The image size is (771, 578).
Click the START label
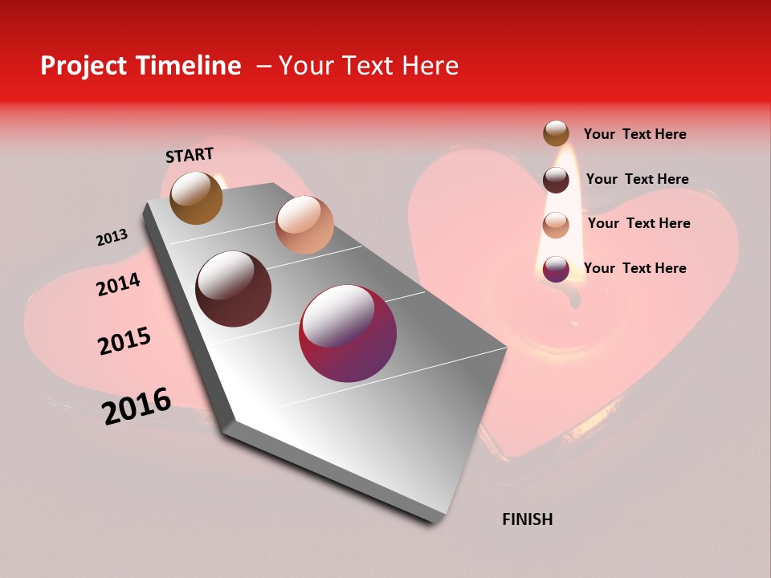pyautogui.click(x=190, y=155)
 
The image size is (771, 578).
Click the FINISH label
pyautogui.click(x=527, y=519)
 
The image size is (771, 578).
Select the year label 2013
pyautogui.click(x=112, y=238)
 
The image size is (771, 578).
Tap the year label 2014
pyautogui.click(x=118, y=284)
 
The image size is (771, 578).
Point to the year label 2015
pyautogui.click(x=124, y=341)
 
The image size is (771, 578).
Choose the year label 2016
pyautogui.click(x=137, y=406)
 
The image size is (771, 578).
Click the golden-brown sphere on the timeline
pyautogui.click(x=197, y=198)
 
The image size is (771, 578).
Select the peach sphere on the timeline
pyautogui.click(x=304, y=225)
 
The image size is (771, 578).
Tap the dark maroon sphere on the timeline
pyautogui.click(x=234, y=289)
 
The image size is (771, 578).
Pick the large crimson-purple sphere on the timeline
pyautogui.click(x=348, y=333)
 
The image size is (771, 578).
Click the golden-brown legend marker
pyautogui.click(x=556, y=134)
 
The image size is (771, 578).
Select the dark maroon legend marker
pyautogui.click(x=556, y=180)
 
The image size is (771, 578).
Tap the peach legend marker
pyautogui.click(x=556, y=225)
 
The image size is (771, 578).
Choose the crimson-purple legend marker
pyautogui.click(x=556, y=269)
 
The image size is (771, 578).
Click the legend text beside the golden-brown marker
pyautogui.click(x=634, y=134)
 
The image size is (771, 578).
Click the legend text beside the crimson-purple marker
pyautogui.click(x=634, y=268)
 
